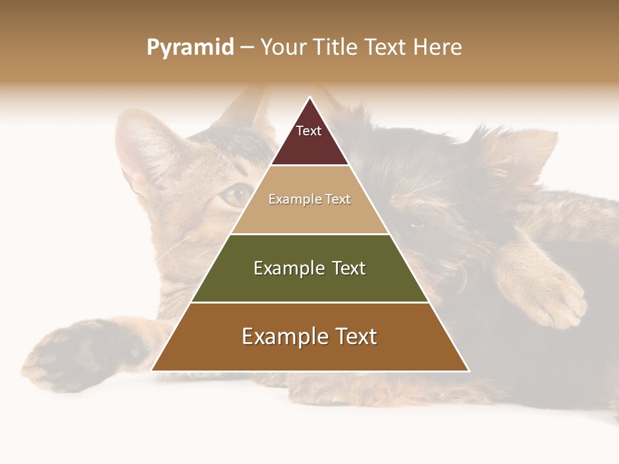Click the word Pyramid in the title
click(x=190, y=48)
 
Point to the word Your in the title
click(x=281, y=48)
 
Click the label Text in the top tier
click(x=309, y=131)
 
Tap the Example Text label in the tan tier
click(x=309, y=199)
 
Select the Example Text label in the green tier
click(x=309, y=268)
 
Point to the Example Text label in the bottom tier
click(x=309, y=336)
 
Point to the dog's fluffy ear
click(x=516, y=155)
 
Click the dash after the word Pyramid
click(x=247, y=48)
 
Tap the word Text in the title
click(x=389, y=48)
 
